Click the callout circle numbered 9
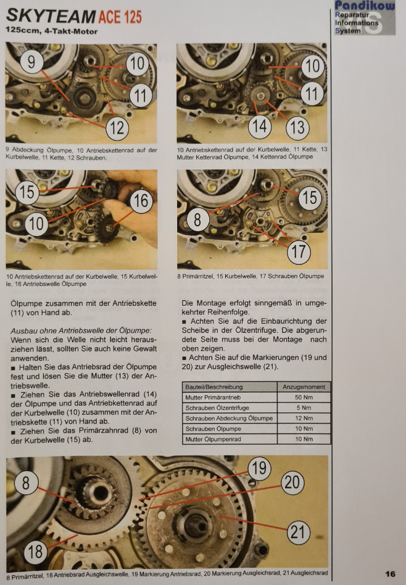31,61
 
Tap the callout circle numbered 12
117,128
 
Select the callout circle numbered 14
260,126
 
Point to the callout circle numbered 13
297,128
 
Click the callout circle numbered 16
141,201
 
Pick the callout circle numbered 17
299,252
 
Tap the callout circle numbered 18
36,552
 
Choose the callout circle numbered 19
259,468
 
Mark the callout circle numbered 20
292,483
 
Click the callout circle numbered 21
298,532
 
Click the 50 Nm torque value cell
304,398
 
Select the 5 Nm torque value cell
304,408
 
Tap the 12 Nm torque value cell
304,418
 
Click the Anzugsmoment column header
304,387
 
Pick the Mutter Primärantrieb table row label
213,398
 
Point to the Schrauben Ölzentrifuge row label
217,408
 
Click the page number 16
390,574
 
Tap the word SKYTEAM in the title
51,17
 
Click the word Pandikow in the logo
365,6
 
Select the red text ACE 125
120,17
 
